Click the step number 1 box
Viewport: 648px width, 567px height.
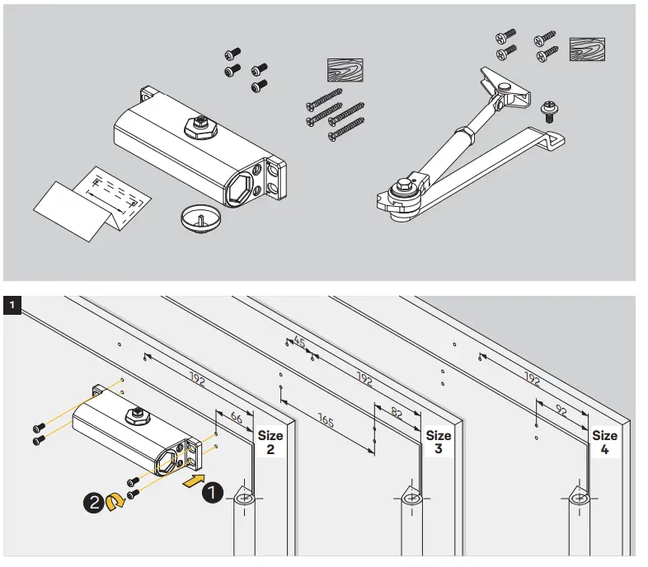click(x=12, y=306)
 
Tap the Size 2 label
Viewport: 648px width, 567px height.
click(x=270, y=443)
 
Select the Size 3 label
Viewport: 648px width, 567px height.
click(x=438, y=443)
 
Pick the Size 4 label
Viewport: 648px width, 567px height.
click(x=604, y=443)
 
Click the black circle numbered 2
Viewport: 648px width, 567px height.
click(x=92, y=500)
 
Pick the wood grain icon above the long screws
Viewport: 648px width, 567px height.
click(x=343, y=73)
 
